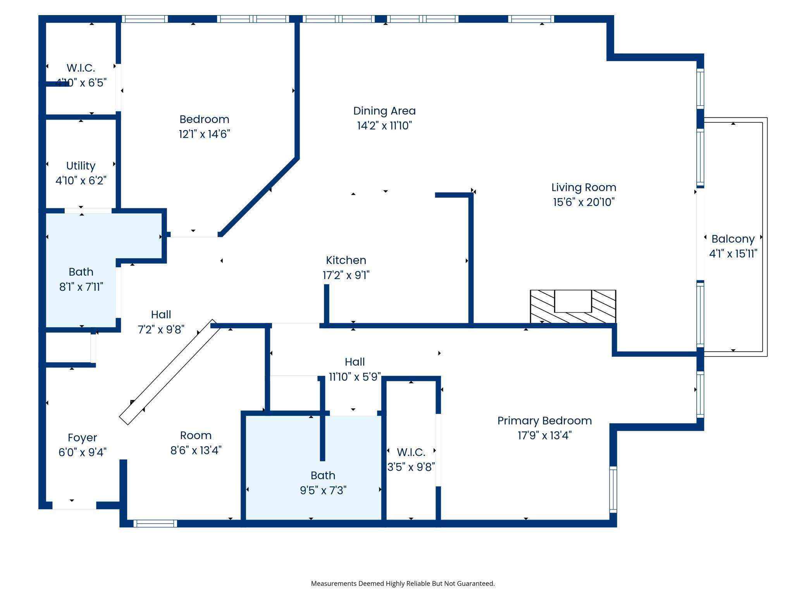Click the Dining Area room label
pos(384,111)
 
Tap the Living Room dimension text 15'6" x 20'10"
pos(584,202)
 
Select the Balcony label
pos(733,239)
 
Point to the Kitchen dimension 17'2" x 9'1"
pos(346,275)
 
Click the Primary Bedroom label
pos(544,421)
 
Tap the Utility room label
pos(81,166)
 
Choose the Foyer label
pos(82,438)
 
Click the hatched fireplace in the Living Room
pos(573,306)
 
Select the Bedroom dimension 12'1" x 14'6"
pos(204,134)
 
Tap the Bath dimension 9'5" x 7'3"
pos(323,491)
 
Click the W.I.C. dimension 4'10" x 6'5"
pos(81,83)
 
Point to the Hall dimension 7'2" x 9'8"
pos(161,329)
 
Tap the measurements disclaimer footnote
pos(403,583)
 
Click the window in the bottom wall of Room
pos(155,523)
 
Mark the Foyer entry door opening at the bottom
pos(74,505)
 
